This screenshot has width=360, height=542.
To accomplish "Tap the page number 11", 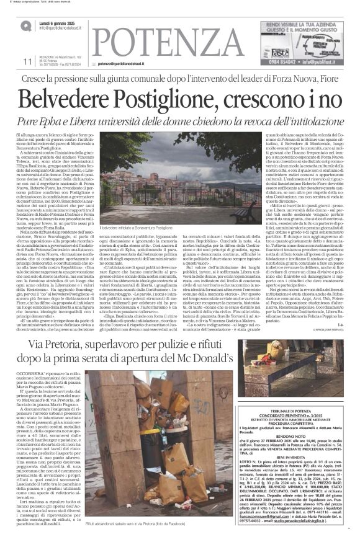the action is (26, 61).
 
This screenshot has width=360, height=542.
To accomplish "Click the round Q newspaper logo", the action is (27, 25).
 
